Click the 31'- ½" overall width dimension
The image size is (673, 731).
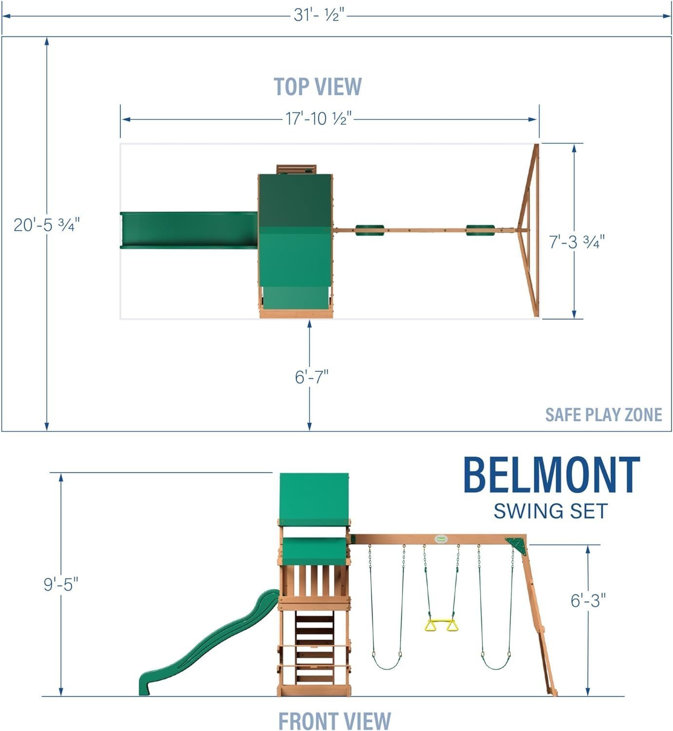pyautogui.click(x=319, y=15)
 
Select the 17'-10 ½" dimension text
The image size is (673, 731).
pyautogui.click(x=318, y=118)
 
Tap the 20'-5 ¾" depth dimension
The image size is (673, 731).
pyautogui.click(x=46, y=225)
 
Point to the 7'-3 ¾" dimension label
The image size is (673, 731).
pyautogui.click(x=577, y=241)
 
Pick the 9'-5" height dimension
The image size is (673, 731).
pyautogui.click(x=61, y=583)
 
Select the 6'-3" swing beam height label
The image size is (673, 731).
pyautogui.click(x=588, y=600)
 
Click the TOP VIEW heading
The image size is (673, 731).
pyautogui.click(x=318, y=87)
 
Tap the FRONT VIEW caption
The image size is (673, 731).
pyautogui.click(x=335, y=720)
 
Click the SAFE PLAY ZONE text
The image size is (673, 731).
pyautogui.click(x=603, y=415)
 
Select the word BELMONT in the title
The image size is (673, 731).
pyautogui.click(x=551, y=475)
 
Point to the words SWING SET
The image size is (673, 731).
pyautogui.click(x=551, y=511)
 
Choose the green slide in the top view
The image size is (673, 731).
pyautogui.click(x=189, y=230)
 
